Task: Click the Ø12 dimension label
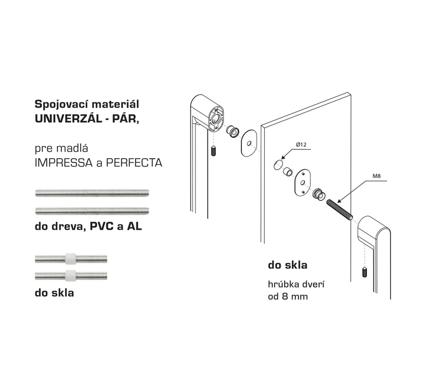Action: pyautogui.click(x=301, y=145)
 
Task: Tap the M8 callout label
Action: pyautogui.click(x=377, y=176)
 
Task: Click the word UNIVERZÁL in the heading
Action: pyautogui.click(x=68, y=118)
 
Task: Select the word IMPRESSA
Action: pyautogui.click(x=64, y=163)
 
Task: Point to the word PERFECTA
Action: pyautogui.click(x=134, y=163)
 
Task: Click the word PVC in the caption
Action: pyautogui.click(x=101, y=226)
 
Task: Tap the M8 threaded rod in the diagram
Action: pyautogui.click(x=340, y=210)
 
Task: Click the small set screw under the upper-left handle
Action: pyautogui.click(x=213, y=151)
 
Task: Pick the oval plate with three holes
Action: pyautogui.click(x=302, y=182)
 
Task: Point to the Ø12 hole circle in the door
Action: pyautogui.click(x=278, y=164)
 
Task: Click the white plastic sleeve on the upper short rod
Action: pyautogui.click(x=71, y=258)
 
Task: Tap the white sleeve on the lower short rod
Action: pyautogui.click(x=71, y=275)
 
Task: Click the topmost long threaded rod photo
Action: pyautogui.click(x=92, y=193)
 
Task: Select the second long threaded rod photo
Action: pyautogui.click(x=92, y=211)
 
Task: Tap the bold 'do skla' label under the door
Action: pyautogui.click(x=287, y=265)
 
